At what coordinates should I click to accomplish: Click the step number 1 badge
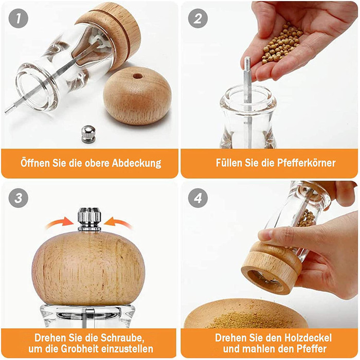(19, 19)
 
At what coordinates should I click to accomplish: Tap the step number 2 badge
(197, 19)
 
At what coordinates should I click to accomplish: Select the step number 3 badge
(19, 198)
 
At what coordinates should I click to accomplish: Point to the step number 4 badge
(197, 198)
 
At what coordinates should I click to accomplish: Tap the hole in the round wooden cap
(137, 76)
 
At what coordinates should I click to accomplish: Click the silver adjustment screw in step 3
(89, 219)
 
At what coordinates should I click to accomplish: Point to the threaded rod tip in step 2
(247, 62)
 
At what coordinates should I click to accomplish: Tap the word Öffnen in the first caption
(35, 163)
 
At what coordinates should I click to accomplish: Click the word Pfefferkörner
(307, 163)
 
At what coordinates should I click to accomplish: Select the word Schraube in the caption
(122, 338)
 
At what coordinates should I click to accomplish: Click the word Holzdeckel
(308, 338)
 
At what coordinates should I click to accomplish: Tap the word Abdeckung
(136, 163)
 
